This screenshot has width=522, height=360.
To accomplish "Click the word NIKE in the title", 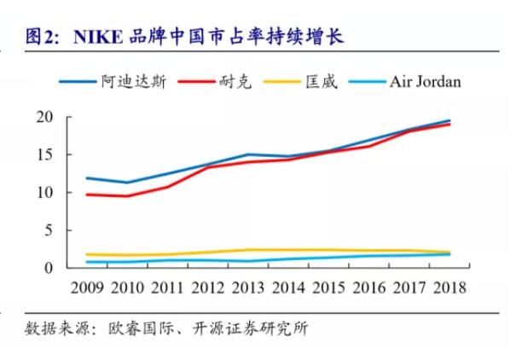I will click(x=99, y=36).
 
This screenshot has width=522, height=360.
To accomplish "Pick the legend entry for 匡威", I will click(x=322, y=82).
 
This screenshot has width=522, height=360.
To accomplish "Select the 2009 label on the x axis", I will click(x=87, y=287).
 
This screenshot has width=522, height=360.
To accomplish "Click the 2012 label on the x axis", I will click(x=207, y=287).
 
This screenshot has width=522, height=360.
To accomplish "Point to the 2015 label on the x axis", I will click(x=328, y=287).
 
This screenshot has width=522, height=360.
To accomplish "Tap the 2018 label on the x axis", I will click(x=449, y=287).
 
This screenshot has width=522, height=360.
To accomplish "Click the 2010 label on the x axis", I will click(x=127, y=287).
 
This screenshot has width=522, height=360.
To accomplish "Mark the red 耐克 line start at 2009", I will click(x=87, y=195).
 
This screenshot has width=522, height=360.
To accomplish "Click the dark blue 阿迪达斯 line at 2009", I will click(x=87, y=178).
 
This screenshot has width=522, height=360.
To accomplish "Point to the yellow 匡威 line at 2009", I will click(x=87, y=254).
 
